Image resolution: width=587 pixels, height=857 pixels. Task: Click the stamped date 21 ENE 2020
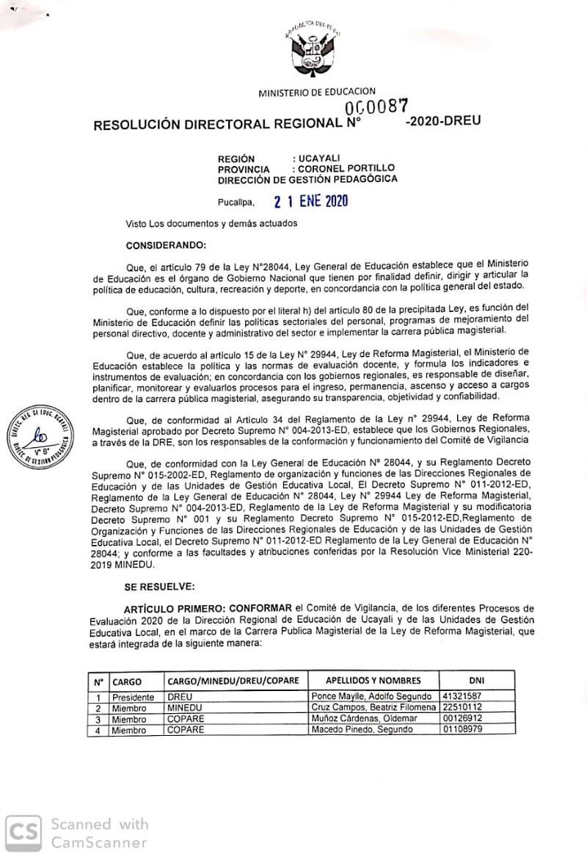pyautogui.click(x=310, y=201)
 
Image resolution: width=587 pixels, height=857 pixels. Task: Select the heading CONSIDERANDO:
pyautogui.click(x=166, y=243)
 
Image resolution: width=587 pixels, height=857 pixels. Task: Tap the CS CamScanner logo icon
pyautogui.click(x=23, y=832)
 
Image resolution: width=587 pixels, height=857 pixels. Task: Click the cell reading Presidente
pyautogui.click(x=133, y=697)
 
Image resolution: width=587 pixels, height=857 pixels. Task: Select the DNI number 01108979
pyautogui.click(x=462, y=730)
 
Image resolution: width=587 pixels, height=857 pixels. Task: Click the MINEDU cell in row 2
pyautogui.click(x=180, y=708)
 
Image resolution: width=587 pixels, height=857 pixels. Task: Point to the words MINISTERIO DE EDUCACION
pyautogui.click(x=317, y=92)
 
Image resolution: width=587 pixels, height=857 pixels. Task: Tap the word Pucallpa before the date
pyautogui.click(x=236, y=203)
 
